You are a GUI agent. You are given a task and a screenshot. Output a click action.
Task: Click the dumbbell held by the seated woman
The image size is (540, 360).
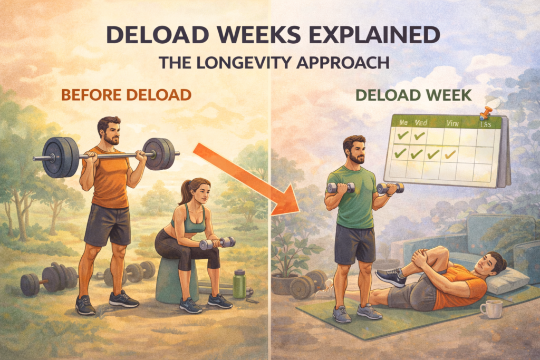217,243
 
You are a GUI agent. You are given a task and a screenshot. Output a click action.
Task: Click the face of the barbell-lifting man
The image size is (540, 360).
111,132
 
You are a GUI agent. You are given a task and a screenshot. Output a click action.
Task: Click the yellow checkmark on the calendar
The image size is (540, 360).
450,154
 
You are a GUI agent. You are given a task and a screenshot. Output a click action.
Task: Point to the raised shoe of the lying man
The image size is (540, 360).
390,276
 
